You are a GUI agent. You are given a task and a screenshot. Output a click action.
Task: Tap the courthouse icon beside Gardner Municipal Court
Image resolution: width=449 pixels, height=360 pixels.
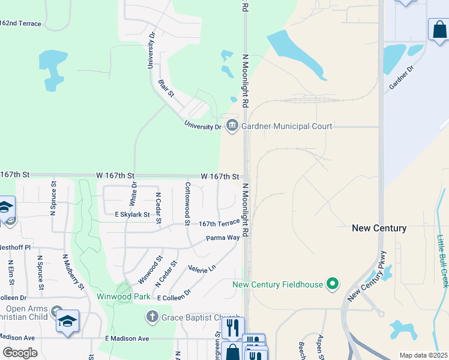tap(232, 125)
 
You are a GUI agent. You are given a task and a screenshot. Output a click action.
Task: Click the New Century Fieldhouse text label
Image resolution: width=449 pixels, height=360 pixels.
tap(278, 284)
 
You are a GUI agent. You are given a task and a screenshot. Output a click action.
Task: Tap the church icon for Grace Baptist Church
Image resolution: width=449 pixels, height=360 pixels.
tap(152, 316)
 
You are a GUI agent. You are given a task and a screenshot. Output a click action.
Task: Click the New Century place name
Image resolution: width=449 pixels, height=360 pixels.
tap(379, 228)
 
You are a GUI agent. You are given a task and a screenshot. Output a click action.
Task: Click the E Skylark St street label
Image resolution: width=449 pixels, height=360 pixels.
tap(131, 214)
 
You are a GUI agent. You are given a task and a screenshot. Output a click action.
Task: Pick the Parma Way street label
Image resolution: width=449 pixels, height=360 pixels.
tap(223, 238)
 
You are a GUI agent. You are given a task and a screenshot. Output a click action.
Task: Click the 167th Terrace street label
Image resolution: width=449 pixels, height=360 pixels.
tap(220, 223)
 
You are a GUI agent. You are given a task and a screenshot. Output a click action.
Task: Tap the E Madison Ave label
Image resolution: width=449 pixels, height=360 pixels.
tap(127, 338)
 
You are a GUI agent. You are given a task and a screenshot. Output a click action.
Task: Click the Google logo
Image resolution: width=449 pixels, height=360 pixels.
tap(19, 352)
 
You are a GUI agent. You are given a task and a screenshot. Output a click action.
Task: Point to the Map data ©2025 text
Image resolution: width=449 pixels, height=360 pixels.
tap(423, 355)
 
